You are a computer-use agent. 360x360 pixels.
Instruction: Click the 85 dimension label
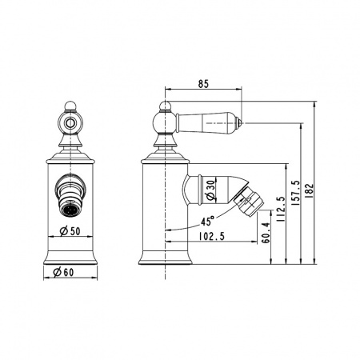click(x=203, y=84)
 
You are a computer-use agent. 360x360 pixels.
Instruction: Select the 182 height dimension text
click(x=309, y=190)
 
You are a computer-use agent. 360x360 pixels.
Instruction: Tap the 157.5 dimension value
click(x=296, y=193)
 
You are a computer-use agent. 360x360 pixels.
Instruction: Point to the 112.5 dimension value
click(x=281, y=210)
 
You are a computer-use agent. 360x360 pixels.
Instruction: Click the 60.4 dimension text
click(x=266, y=233)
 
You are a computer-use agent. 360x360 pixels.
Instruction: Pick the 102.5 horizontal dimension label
click(x=212, y=236)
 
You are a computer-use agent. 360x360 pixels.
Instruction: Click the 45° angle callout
click(x=208, y=221)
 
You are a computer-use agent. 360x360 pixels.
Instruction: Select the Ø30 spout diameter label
click(x=210, y=190)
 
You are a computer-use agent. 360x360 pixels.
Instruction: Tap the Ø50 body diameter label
click(x=70, y=231)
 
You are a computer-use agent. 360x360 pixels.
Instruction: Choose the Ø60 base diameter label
click(x=63, y=272)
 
